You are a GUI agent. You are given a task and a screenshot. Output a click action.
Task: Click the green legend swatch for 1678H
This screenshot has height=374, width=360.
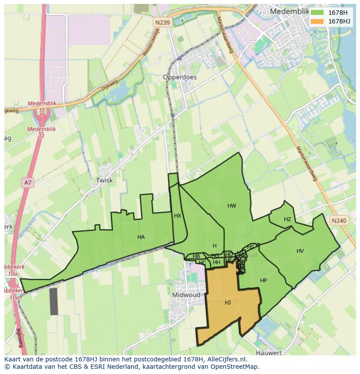317,13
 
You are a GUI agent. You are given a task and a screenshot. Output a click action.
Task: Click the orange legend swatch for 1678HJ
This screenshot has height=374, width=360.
317,21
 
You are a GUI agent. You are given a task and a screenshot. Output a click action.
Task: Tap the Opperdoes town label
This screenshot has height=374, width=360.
180,77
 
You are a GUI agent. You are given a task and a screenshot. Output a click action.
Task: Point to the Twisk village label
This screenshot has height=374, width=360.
104,180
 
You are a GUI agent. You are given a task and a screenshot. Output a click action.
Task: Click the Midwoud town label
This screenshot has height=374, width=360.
186,295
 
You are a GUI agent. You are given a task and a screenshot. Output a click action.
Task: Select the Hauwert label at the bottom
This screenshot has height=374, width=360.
269,353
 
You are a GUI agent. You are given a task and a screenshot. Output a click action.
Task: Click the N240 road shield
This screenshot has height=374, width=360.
339,221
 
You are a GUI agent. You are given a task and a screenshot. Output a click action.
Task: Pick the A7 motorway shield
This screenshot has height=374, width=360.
28,183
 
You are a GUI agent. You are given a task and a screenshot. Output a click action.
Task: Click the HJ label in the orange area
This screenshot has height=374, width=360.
228,303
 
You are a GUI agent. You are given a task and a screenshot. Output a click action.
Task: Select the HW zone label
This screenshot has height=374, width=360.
232,206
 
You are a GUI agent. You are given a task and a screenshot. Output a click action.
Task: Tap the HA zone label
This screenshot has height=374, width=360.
141,237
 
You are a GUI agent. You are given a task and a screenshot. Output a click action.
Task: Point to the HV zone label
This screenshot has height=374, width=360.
300,251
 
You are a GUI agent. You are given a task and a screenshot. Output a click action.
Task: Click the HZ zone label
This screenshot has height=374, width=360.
287,219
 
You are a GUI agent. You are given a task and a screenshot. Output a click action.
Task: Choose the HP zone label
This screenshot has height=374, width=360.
263,281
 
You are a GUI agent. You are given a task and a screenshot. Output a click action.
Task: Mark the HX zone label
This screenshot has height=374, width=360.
177,216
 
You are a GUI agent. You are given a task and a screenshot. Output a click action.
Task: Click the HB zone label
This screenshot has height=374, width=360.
196,256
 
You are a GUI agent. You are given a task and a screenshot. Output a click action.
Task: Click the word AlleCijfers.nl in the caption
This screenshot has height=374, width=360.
226,359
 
